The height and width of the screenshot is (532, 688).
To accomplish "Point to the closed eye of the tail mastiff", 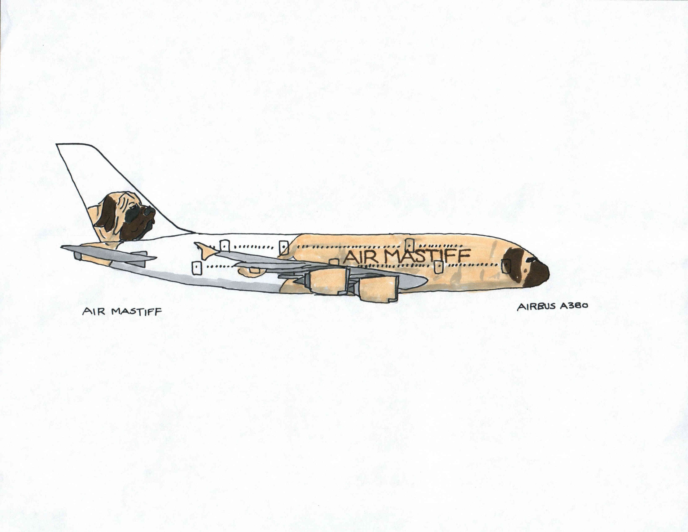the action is (135, 206).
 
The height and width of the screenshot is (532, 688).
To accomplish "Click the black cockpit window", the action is (532, 259).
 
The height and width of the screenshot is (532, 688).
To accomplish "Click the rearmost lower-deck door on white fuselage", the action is (196, 268).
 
